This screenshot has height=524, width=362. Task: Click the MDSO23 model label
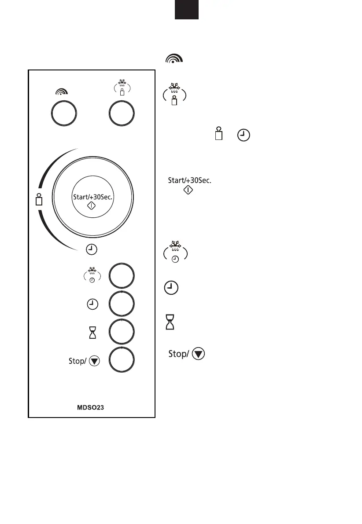pos(92,407)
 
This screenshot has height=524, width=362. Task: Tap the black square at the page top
pos(186,10)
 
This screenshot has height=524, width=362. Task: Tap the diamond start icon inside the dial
pos(93,205)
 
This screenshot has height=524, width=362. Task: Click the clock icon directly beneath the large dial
pos(91,250)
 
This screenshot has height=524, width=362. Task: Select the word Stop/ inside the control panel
pos(78,361)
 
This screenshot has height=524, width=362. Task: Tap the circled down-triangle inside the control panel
pos(94,361)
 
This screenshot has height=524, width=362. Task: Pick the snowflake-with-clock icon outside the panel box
pos(175,252)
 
